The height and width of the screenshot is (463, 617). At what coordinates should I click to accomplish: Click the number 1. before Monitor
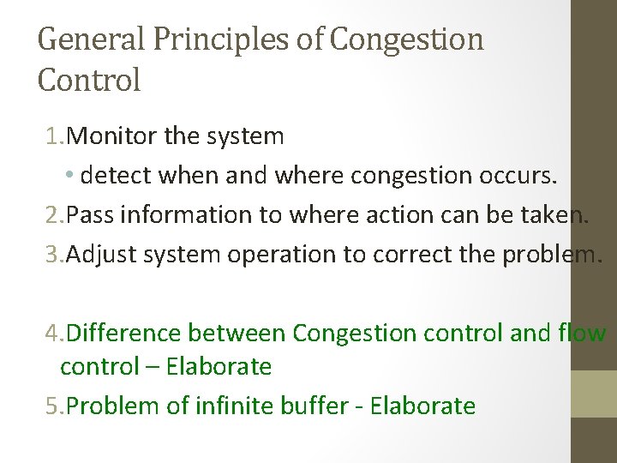pyautogui.click(x=55, y=135)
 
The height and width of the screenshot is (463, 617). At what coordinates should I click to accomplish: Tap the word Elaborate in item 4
pyautogui.click(x=219, y=367)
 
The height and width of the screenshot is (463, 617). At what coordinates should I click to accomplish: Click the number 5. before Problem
pyautogui.click(x=55, y=405)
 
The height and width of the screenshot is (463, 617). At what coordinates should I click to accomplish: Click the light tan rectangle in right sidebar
pyautogui.click(x=594, y=395)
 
